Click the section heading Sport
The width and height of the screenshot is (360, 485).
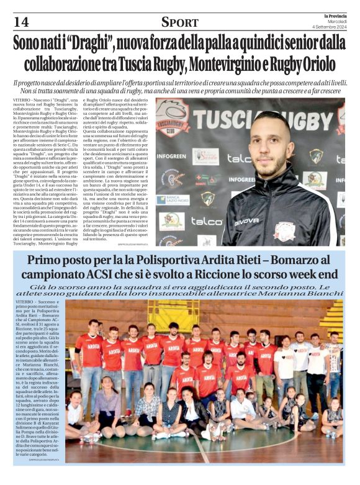click(179, 22)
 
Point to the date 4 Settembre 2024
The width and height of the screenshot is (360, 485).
click(333, 27)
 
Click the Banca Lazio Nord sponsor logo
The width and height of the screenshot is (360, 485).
click(171, 200)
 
